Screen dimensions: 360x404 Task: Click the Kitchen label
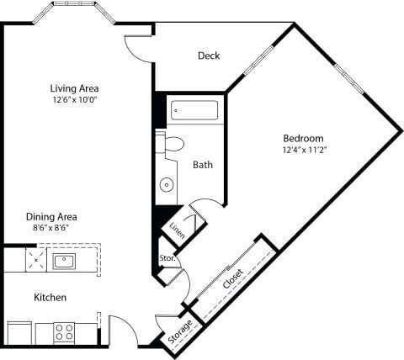tap(50, 298)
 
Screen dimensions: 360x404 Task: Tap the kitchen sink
tap(64, 261)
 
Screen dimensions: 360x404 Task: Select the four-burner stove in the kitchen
tap(65, 332)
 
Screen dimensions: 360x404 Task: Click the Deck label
tap(209, 56)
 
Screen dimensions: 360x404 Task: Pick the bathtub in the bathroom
tap(194, 110)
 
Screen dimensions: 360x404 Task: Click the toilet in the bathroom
tap(173, 144)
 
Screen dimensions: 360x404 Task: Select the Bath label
tap(202, 165)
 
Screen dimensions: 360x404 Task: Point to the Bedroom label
tap(304, 138)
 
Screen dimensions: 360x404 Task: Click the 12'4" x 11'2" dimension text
tap(304, 151)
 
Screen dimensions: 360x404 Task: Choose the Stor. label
tap(167, 258)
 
